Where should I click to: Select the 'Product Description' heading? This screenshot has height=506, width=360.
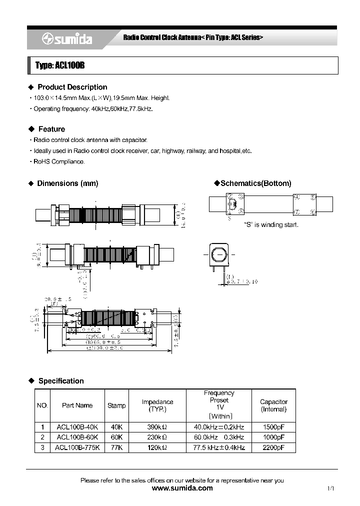pos(72,87)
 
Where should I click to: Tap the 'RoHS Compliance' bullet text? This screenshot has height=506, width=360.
pos(59,161)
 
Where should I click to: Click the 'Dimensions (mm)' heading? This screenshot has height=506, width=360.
pos(67,183)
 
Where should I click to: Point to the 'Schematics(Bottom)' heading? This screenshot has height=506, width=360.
pos(255,183)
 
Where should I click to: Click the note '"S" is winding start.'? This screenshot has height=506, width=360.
pos(270,225)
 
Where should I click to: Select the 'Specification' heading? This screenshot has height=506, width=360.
pos(61,381)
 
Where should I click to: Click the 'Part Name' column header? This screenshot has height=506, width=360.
pos(77,405)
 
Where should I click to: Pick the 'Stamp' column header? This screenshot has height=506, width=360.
pos(116,405)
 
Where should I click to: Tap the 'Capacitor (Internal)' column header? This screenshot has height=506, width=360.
pos(273,405)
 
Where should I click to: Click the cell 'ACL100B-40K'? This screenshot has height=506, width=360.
pos(77,427)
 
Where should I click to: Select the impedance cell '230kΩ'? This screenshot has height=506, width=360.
pos(154,437)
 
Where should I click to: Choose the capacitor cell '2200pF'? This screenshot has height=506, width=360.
pos(273,447)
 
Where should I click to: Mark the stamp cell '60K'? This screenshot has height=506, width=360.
pos(116,437)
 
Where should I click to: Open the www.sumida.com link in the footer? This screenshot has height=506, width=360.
pos(182,488)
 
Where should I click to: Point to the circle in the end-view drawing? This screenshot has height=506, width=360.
pos(218,256)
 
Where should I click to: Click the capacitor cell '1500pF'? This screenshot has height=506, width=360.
pos(273,427)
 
